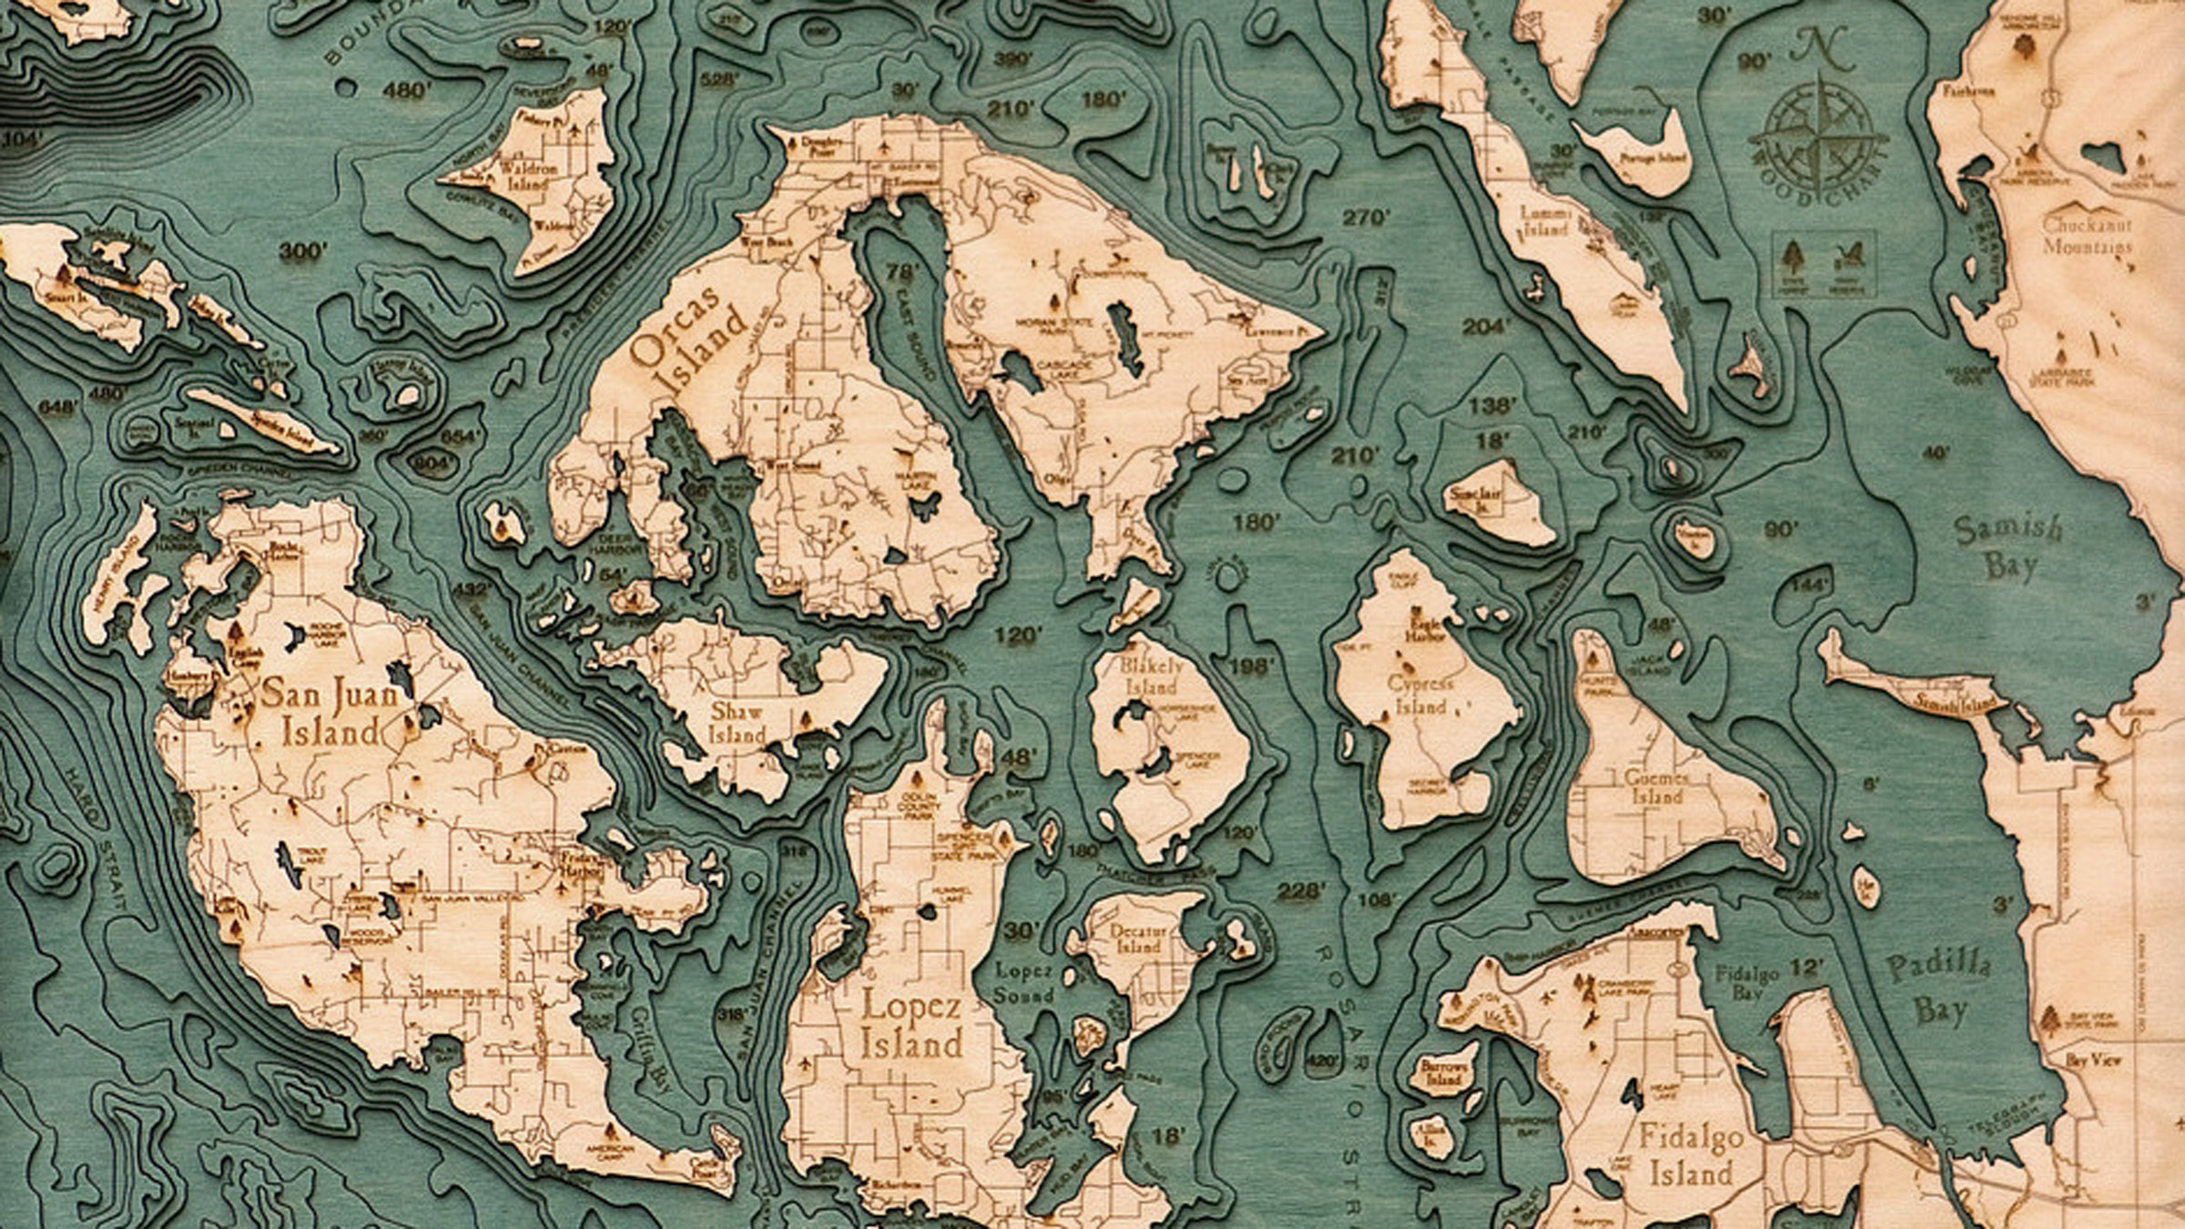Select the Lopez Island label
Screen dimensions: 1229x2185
(x=910, y=1024)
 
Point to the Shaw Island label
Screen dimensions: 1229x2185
(x=737, y=722)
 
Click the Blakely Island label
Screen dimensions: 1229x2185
(x=1153, y=675)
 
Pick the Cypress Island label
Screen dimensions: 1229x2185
(x=1419, y=695)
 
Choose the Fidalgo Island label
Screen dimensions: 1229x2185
(x=1691, y=1154)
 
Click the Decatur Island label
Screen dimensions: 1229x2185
(x=1137, y=938)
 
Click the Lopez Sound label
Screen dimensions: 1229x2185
(x=1024, y=984)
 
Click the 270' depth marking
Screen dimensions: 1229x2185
(x=1367, y=218)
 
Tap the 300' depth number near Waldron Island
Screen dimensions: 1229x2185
(x=301, y=251)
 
